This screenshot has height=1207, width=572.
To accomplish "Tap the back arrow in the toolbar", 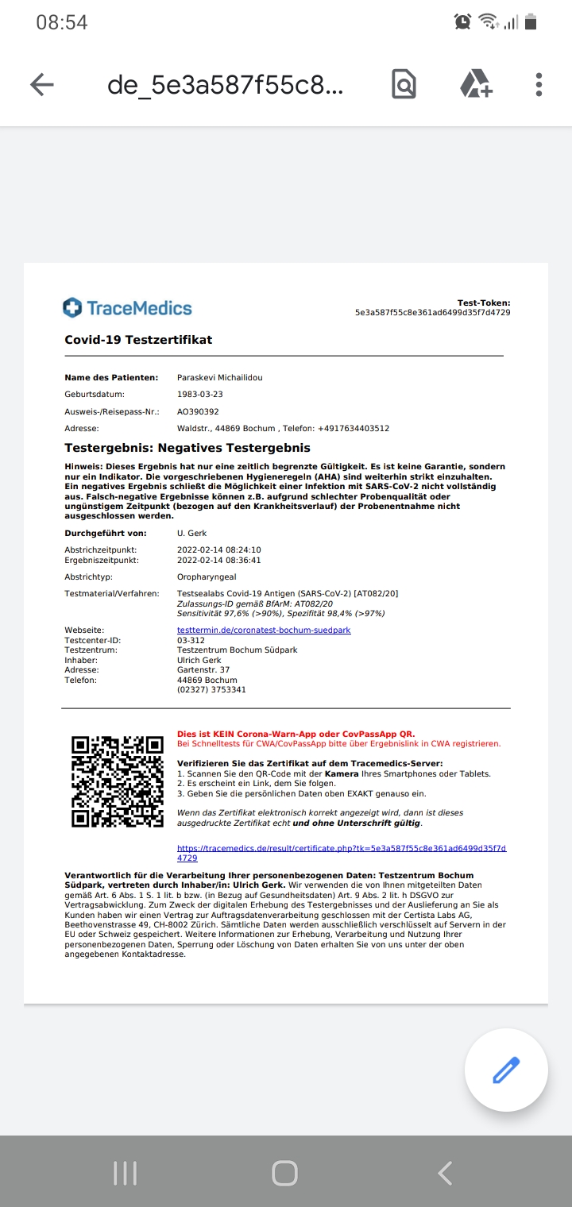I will [41, 84].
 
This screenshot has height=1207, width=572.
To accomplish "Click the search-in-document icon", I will [404, 84].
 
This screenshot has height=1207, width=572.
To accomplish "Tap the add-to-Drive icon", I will [476, 84].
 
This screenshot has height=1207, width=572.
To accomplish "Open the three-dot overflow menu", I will [539, 84].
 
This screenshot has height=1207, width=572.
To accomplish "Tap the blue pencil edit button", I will [506, 1070].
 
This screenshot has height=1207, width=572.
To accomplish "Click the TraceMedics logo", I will [128, 308].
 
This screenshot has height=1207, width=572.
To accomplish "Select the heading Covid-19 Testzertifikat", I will [138, 340].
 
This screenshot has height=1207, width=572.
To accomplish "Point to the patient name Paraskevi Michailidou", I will [219, 378].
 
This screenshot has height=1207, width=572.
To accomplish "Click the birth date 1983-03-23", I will [199, 395].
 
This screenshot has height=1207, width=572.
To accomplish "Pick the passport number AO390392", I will [198, 412].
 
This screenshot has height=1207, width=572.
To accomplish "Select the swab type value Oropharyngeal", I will [207, 577].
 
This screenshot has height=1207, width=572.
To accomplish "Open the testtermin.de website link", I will [263, 630].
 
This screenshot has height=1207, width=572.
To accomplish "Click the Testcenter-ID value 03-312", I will [191, 640].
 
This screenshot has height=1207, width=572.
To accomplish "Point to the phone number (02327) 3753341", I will [211, 690].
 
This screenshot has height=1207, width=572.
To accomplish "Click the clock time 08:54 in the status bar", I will [62, 22].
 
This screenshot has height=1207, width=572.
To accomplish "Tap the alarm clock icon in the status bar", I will [463, 22].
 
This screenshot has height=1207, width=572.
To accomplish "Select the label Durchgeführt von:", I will [106, 534].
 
